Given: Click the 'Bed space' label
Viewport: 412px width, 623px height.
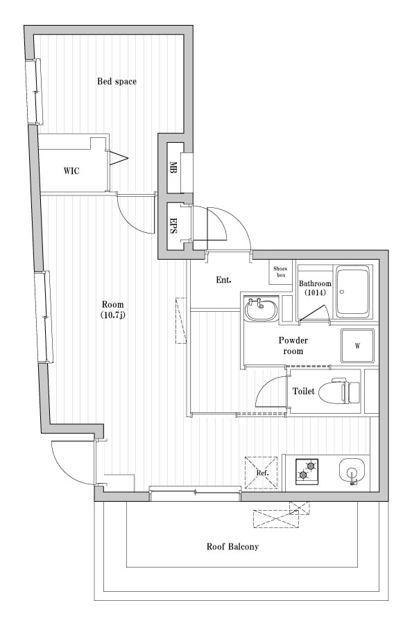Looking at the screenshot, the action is click(117, 82).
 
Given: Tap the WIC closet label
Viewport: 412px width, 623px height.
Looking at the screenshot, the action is click(71, 171).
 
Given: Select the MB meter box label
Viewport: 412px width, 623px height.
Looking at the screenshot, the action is click(173, 167).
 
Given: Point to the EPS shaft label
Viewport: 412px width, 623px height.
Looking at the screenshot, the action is click(173, 226).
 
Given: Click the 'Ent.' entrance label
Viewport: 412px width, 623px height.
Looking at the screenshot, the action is click(223, 280).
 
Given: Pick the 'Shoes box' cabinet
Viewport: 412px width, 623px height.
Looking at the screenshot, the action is click(281, 272).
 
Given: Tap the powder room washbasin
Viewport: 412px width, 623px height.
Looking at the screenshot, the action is click(261, 310).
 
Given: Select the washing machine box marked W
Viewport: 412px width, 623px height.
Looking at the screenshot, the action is click(357, 346).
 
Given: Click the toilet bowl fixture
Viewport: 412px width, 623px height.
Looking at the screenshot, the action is click(340, 392).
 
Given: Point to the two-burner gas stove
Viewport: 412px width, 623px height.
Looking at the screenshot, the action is click(307, 471).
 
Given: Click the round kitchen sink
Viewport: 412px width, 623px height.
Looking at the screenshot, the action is click(352, 471).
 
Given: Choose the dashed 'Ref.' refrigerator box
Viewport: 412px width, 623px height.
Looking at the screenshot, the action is click(261, 473).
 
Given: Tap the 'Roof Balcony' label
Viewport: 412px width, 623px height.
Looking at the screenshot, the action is click(232, 547).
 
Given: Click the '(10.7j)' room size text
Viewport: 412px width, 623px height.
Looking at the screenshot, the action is click(113, 316).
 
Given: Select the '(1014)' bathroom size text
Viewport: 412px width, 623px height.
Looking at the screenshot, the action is click(315, 293).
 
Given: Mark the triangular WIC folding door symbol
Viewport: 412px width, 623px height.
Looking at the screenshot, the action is click(119, 158).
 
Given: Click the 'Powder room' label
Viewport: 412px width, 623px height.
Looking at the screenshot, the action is click(293, 346).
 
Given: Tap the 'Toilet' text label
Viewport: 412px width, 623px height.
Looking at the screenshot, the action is click(303, 392).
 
